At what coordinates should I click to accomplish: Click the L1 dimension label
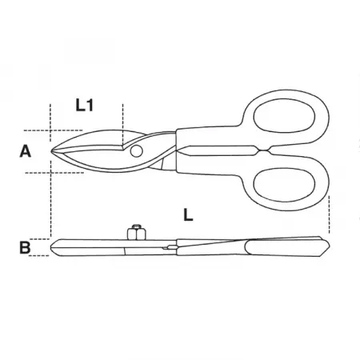click(x=84, y=105)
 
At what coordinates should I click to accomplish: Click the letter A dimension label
click(x=26, y=151)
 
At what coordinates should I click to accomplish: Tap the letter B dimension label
click(x=25, y=247)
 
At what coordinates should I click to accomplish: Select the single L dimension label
click(x=188, y=214)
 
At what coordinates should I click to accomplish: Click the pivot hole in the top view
click(x=136, y=151)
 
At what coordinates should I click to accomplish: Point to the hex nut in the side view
click(x=137, y=233)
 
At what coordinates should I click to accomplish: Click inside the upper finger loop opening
click(x=284, y=117)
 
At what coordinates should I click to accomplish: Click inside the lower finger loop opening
click(x=284, y=185)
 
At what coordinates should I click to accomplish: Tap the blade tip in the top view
click(x=51, y=151)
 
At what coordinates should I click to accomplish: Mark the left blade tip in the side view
click(x=51, y=248)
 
